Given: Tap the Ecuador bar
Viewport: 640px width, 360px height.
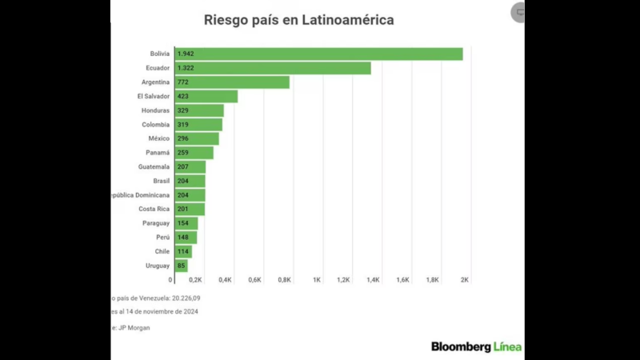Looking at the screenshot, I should pos(272,68).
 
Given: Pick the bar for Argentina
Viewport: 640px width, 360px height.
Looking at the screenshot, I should pos(232,82).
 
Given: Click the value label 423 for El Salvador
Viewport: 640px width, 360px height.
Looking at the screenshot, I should pos(183,96).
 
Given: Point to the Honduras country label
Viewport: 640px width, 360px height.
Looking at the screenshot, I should pos(154,110).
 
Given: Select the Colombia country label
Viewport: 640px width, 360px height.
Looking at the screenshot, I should pos(155,124).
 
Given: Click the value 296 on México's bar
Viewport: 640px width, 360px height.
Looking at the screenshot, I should pos(183,138).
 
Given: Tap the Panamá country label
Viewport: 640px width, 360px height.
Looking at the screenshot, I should pos(157,153).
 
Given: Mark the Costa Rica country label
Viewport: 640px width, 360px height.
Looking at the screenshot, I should pos(154,209).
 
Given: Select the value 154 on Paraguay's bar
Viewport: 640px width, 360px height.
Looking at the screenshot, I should pos(183,223).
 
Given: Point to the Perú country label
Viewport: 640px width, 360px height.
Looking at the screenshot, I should pos(162,238).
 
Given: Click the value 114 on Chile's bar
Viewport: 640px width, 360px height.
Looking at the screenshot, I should pos(183,251).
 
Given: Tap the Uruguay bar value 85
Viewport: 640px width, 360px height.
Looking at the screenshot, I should pos(182,266).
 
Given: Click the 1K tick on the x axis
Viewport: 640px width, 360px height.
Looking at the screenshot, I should pos(317,280).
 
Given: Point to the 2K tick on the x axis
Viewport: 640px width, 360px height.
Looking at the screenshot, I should pos(465,280).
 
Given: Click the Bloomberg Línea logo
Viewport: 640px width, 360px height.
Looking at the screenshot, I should pos(476,346).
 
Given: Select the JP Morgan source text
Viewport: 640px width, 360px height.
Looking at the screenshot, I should pos(133,327).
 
